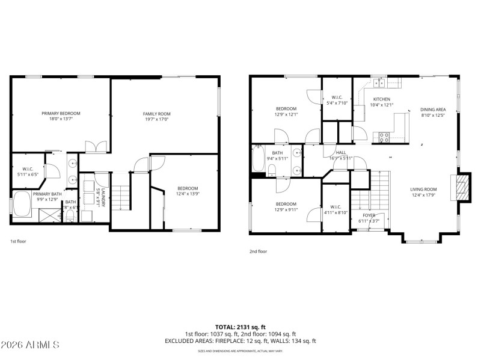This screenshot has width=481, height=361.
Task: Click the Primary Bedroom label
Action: [x=61, y=113]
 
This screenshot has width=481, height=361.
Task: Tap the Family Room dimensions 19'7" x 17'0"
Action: [x=156, y=119]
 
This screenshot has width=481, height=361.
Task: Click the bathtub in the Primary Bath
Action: [x=23, y=205]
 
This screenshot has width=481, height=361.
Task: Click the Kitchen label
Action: [x=382, y=99]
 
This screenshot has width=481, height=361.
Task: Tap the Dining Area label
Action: [x=433, y=110]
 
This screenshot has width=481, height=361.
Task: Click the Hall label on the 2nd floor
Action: [x=341, y=153]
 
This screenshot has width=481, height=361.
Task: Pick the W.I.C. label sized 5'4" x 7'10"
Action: [x=337, y=97]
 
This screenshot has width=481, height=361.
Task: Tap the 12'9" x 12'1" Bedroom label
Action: [x=286, y=109]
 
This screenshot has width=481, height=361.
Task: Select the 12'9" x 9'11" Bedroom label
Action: [x=286, y=203]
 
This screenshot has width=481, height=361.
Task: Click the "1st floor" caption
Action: [x=18, y=241]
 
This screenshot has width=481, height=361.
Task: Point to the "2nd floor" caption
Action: [x=259, y=251]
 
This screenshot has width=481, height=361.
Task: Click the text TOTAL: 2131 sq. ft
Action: [x=240, y=327]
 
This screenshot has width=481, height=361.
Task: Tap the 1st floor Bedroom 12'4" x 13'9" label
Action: [x=187, y=188]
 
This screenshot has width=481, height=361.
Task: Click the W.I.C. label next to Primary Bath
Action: [x=28, y=169]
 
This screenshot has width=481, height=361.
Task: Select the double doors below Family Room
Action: [x=96, y=146]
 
